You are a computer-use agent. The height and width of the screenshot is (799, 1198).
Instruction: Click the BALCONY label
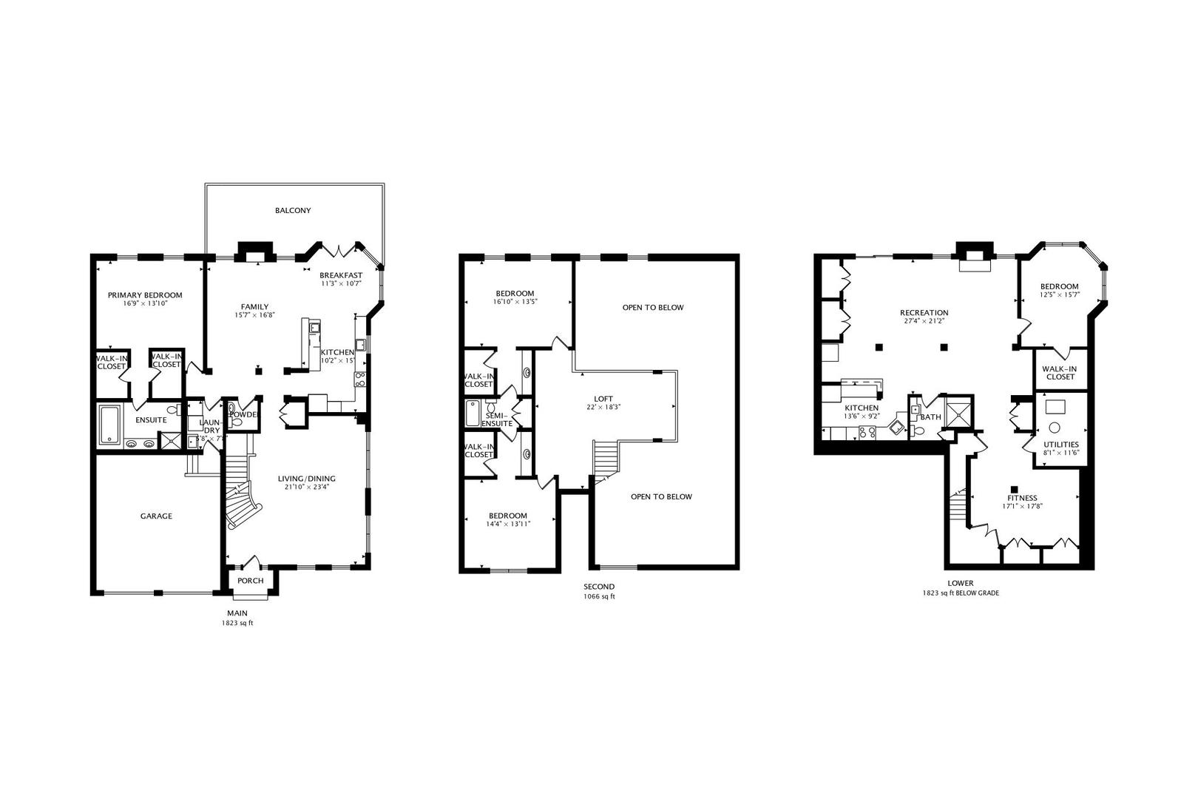coord(293,211)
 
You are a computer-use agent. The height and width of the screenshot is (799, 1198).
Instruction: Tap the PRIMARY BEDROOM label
coord(145,295)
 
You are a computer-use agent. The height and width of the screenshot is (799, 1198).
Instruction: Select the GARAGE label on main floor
coord(156,516)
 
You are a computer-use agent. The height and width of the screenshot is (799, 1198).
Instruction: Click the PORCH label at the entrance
coord(251,581)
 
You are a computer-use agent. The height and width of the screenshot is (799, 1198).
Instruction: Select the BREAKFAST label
coord(341,275)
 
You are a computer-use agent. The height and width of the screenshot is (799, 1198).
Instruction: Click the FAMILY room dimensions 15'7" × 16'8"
coord(254,315)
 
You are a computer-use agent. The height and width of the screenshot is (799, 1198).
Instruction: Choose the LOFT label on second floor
coord(603,399)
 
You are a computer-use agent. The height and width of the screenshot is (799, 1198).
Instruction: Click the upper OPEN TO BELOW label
coord(653,308)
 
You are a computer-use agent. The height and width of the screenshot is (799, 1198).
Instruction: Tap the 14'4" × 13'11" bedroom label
coord(508,524)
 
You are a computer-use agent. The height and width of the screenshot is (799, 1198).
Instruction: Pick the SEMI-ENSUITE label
coord(497,419)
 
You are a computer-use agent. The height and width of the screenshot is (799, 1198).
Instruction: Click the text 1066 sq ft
coord(598,596)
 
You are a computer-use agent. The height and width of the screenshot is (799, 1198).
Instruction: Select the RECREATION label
coord(924,313)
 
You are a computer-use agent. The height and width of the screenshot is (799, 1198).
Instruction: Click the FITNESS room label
coord(1022,499)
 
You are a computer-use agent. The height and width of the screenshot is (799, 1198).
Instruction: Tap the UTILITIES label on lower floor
coord(1061,444)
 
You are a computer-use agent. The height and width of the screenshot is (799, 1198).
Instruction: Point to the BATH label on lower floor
coord(930,417)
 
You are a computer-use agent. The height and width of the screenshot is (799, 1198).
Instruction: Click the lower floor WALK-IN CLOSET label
coord(1060,373)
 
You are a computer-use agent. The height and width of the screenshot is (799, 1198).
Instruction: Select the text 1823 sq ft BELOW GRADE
coord(961,593)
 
